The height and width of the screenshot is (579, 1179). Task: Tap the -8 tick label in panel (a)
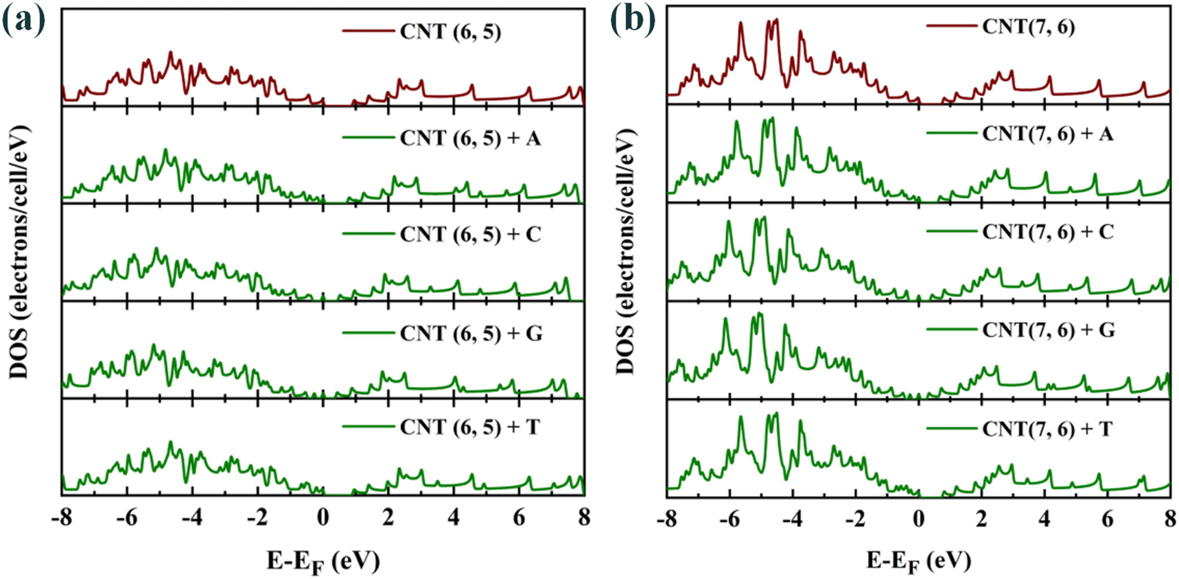point(61,517)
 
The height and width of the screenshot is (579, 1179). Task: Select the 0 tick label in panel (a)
point(323,517)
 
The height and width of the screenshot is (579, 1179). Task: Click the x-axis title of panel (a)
point(323,561)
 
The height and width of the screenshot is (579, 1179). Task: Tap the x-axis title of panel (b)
point(918,561)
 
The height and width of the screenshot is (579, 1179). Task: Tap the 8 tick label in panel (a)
point(583,517)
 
